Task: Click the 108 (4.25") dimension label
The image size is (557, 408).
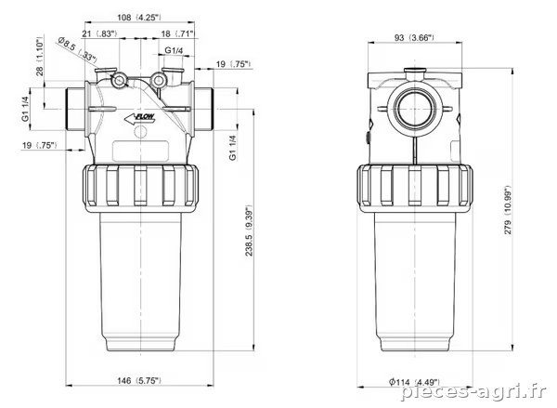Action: [x=139, y=17]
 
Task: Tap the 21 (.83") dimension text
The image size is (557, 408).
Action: [x=99, y=33]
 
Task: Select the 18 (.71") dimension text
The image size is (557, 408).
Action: [x=177, y=33]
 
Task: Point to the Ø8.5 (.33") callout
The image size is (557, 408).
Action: [x=77, y=51]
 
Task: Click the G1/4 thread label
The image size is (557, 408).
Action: [x=174, y=50]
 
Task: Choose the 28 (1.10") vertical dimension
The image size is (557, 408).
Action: [x=39, y=56]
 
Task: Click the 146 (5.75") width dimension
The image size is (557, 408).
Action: [x=139, y=380]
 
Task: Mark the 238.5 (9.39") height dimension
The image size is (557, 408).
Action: [x=249, y=230]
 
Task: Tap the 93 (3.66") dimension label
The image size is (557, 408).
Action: [x=414, y=37]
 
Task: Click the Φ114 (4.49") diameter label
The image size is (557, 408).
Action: [x=415, y=382]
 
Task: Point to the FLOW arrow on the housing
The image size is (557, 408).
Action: [x=140, y=118]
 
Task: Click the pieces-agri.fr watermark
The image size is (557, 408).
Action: [x=474, y=392]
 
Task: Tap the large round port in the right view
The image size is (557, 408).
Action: [x=414, y=108]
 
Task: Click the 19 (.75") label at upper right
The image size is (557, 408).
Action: [x=233, y=64]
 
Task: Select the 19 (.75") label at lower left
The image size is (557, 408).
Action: [x=39, y=145]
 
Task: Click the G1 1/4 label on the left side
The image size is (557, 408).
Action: [x=25, y=109]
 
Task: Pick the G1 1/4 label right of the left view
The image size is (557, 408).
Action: [x=233, y=147]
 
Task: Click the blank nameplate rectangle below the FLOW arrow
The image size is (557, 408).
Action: [x=140, y=151]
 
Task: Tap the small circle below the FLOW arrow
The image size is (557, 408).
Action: [x=140, y=132]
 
